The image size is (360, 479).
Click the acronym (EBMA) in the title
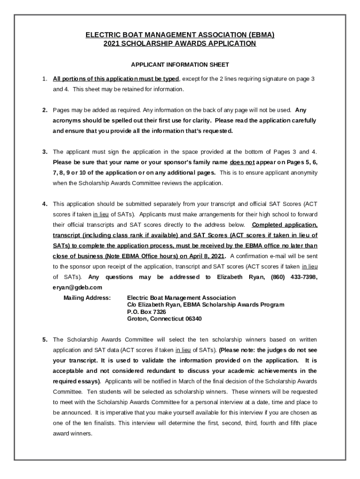259,35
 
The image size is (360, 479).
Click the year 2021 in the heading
112,44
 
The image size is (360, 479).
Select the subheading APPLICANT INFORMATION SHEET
180,65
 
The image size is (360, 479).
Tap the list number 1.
44,79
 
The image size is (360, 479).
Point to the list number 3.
44,152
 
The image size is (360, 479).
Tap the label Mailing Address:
87,298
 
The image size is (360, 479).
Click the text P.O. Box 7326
146,312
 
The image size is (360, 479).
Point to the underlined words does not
242,162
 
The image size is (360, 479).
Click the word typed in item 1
171,79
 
